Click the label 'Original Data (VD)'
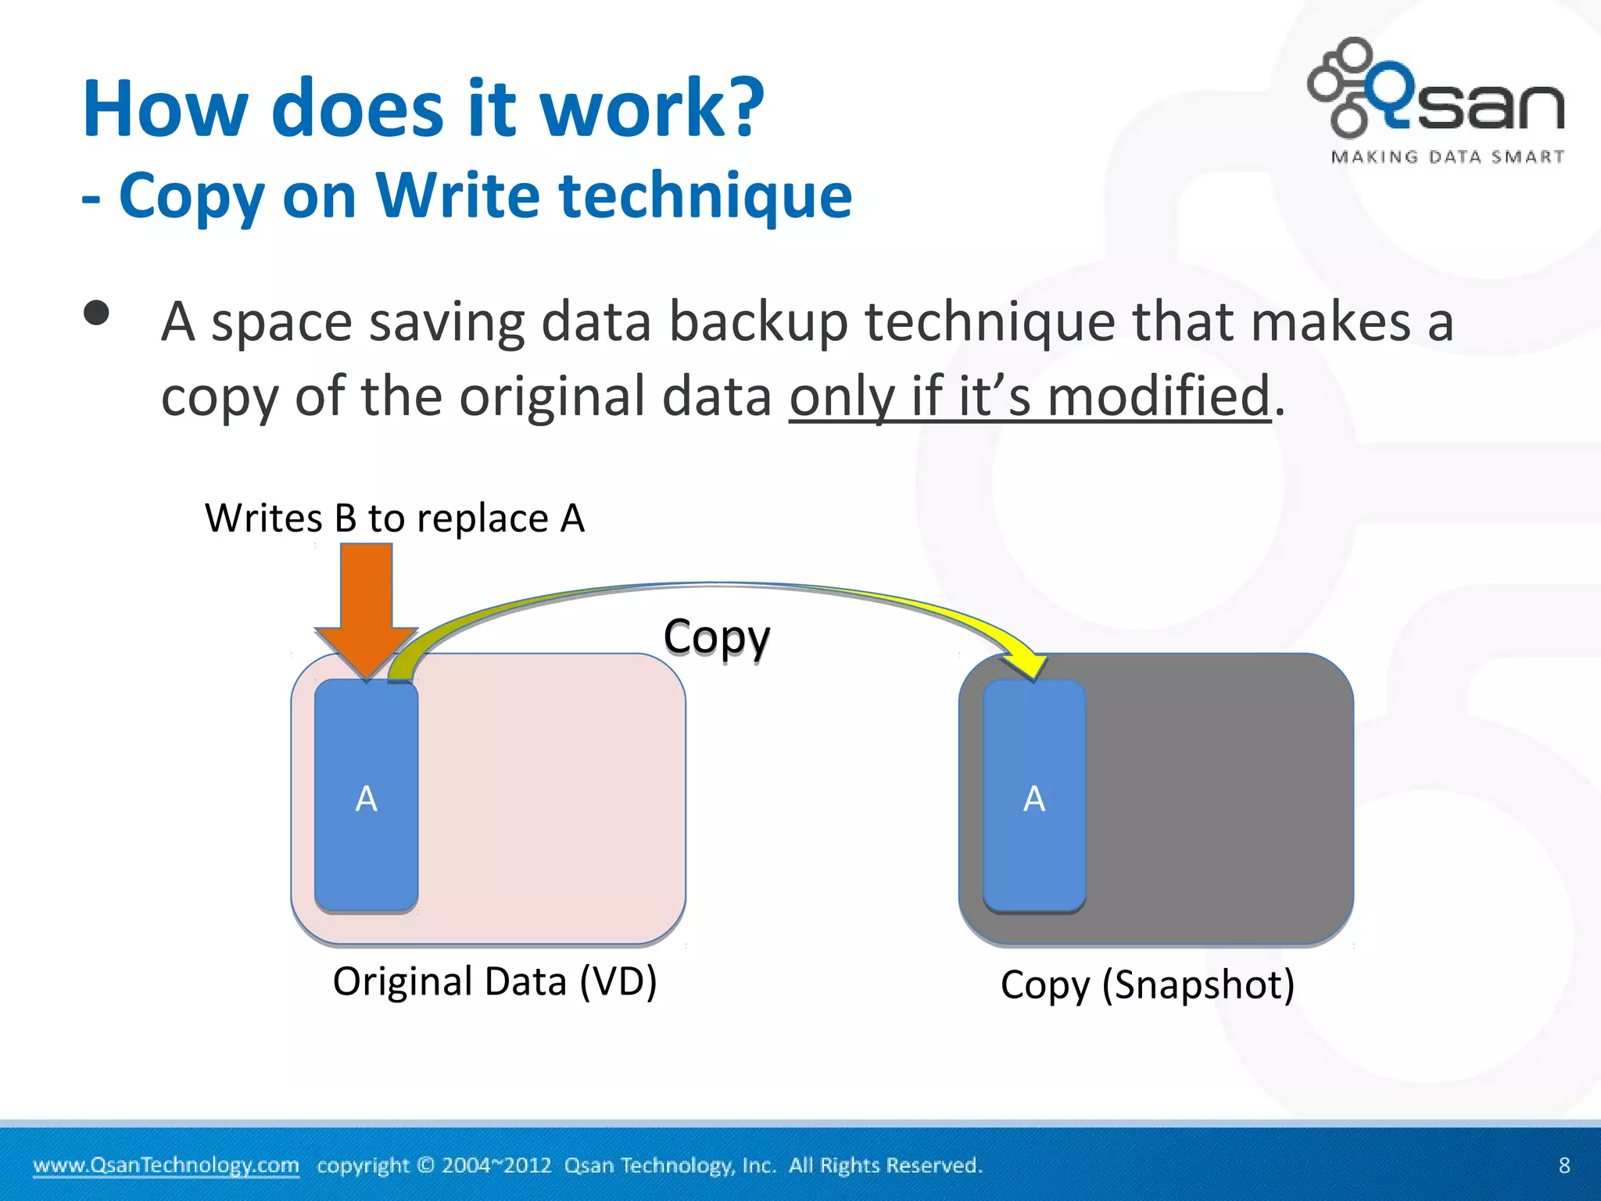click(x=494, y=981)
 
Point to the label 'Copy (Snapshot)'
click(x=1147, y=984)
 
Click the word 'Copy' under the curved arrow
click(x=716, y=636)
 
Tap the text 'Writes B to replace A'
click(x=394, y=518)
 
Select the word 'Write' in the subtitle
click(x=458, y=195)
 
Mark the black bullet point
click(x=96, y=314)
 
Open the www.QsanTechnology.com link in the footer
click(x=166, y=1165)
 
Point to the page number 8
click(x=1563, y=1165)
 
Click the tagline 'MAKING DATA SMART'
click(x=1447, y=157)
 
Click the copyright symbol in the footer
click(x=425, y=1165)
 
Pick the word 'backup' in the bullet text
click(x=758, y=322)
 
